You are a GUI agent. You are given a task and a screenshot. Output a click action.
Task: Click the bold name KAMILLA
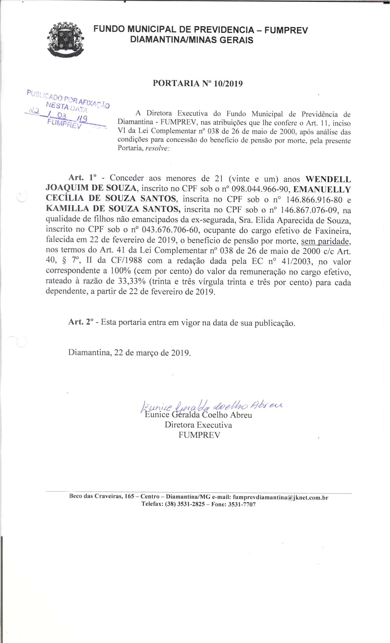(65, 210)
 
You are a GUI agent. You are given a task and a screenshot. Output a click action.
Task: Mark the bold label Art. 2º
(80, 322)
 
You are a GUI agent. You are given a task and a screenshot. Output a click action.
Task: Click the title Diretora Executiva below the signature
(198, 425)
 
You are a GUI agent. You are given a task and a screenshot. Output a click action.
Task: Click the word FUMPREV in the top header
(286, 30)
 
